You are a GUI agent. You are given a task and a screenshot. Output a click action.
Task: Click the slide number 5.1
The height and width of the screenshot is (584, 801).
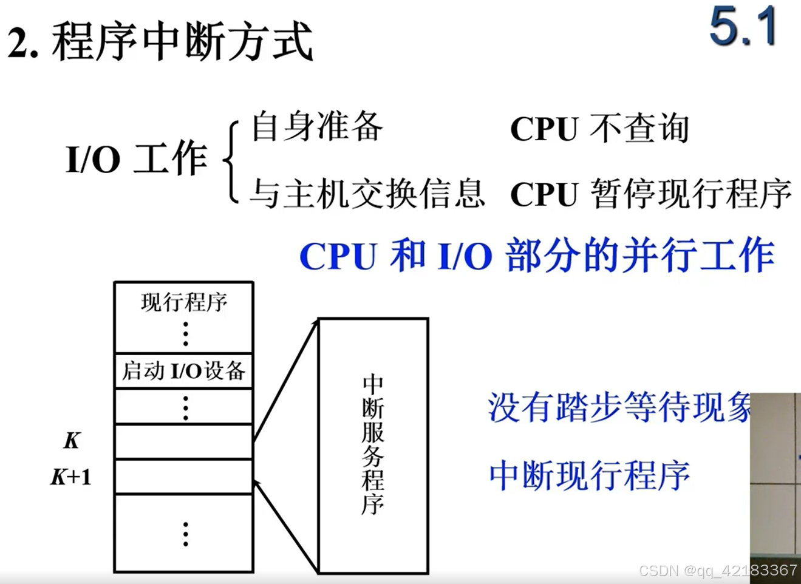coord(743,28)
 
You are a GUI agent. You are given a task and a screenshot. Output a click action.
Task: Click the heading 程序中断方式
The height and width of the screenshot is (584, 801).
coord(182,41)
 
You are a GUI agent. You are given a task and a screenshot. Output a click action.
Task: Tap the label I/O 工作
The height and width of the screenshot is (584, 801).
coord(136,159)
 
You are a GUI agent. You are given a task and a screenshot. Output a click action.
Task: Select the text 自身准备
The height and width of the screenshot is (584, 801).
coord(317,126)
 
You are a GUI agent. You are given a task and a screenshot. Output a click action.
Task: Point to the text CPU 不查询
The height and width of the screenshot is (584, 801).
coord(599,129)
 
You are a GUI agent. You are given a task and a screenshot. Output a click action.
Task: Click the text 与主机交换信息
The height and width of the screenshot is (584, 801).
coord(367,194)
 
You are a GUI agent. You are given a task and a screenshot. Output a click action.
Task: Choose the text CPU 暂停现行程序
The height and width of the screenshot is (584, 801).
coord(650,194)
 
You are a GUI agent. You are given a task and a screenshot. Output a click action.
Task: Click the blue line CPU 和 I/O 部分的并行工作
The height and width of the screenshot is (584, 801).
coord(537,256)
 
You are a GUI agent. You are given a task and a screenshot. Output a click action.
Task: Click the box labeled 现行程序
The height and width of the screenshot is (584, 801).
coord(183,316)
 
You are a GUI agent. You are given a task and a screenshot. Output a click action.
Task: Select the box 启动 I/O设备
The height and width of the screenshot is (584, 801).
coord(183,370)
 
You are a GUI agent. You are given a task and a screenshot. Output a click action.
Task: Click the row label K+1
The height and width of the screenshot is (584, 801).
coord(71,477)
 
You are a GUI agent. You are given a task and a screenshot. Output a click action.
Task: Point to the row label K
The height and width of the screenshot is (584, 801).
coord(72,441)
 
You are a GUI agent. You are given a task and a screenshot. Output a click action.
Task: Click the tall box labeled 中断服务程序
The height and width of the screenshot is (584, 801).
coord(373,446)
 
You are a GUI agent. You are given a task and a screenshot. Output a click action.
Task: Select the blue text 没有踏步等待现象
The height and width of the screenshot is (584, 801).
coord(619,407)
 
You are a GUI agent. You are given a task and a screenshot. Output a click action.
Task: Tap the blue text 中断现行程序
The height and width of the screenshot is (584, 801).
coord(590,475)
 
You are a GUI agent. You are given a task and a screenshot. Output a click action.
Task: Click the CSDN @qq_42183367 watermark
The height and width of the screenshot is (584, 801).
coord(718,571)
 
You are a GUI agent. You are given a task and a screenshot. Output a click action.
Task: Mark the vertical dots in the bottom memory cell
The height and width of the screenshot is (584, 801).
coord(185,534)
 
